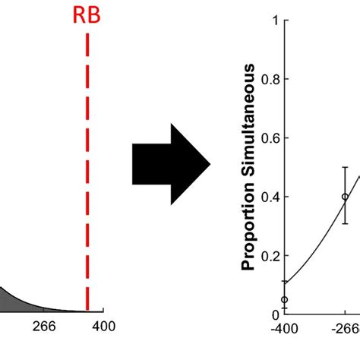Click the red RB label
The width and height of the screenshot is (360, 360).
[87, 17]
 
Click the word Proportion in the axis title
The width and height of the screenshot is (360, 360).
[248, 229]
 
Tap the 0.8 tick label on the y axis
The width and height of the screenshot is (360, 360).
[269, 79]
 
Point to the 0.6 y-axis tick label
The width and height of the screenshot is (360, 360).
[269, 137]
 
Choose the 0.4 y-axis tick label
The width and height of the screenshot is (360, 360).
[269, 197]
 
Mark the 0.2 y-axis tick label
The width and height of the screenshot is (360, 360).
[269, 255]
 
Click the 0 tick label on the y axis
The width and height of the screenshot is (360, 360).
[274, 314]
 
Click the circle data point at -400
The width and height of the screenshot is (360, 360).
[285, 299]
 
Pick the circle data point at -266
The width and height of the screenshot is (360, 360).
[345, 196]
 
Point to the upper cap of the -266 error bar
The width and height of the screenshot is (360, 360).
[345, 167]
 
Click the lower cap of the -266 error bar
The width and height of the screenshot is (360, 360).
[345, 224]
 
